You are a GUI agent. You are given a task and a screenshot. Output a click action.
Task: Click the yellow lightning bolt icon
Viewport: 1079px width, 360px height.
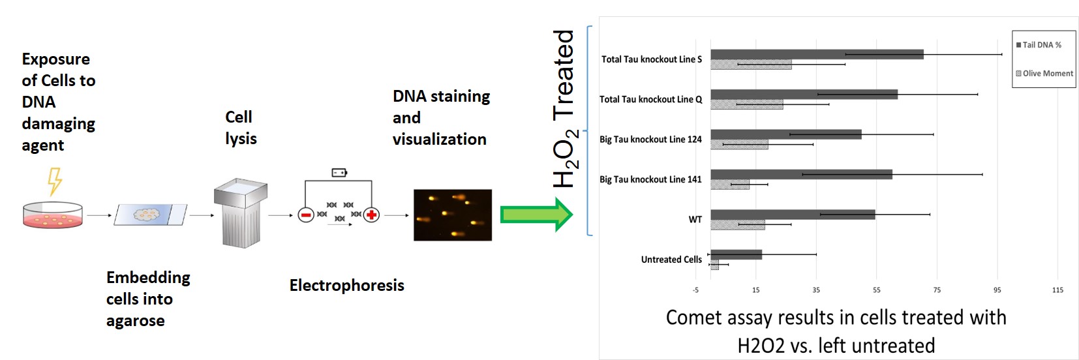(x=55, y=181)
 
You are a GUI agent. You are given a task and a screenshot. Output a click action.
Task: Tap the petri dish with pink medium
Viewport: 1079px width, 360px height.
(x=53, y=215)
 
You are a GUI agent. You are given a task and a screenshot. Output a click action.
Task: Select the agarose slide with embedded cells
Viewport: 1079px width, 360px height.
(x=150, y=214)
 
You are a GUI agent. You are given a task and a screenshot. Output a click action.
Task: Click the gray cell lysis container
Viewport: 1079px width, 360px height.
(x=240, y=213)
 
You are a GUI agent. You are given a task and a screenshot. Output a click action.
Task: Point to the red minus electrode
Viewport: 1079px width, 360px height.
(x=305, y=215)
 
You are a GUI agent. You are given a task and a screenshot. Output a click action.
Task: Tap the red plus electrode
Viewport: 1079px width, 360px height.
(x=371, y=215)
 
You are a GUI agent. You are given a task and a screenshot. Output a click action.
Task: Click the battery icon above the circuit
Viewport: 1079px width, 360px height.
(x=339, y=173)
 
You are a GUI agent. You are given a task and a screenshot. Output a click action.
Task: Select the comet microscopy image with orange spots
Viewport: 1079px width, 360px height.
(x=452, y=215)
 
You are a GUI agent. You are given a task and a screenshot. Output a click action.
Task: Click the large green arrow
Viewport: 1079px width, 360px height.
(x=536, y=215)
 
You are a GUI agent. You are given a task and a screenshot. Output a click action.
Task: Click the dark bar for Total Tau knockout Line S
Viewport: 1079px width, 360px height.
(x=816, y=54)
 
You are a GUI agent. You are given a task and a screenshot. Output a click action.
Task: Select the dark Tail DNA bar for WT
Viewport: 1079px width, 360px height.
(x=792, y=215)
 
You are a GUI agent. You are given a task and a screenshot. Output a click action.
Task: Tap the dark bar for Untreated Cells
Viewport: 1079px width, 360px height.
(x=736, y=254)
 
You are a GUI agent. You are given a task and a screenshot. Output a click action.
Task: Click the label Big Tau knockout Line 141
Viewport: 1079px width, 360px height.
(x=650, y=179)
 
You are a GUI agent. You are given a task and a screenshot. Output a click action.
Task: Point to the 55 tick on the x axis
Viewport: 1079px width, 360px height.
(x=876, y=290)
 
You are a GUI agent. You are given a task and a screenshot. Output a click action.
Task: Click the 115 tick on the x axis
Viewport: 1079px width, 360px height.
(x=1057, y=290)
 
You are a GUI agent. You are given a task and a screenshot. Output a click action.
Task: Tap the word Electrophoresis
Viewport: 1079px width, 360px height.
(x=346, y=285)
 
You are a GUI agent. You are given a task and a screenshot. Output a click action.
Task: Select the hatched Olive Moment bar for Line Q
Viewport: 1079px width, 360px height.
(x=746, y=104)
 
